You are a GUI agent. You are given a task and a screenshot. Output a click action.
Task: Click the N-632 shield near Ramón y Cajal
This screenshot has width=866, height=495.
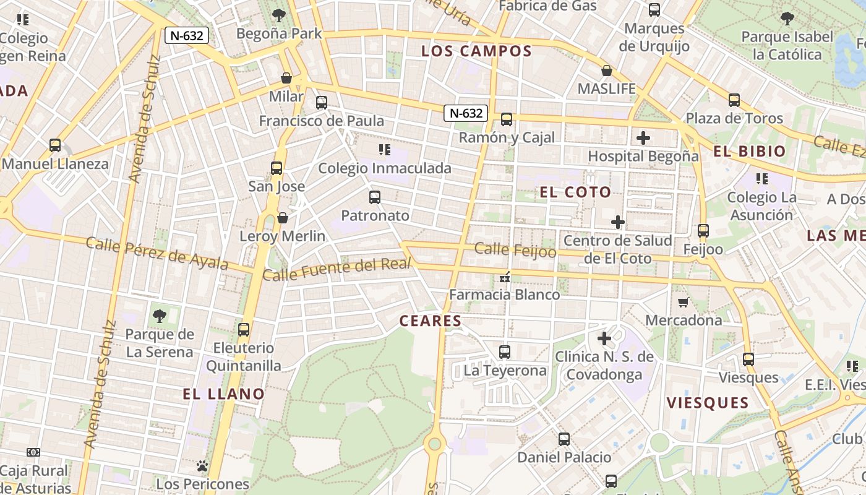pyautogui.click(x=465, y=113)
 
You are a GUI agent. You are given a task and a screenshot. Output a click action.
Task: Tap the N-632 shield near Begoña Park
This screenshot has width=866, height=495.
pyautogui.click(x=186, y=36)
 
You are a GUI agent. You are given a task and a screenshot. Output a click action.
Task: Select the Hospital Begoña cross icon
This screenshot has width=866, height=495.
pyautogui.click(x=643, y=138)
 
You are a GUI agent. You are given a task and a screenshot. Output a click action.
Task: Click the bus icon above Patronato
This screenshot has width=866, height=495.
pyautogui.click(x=375, y=197)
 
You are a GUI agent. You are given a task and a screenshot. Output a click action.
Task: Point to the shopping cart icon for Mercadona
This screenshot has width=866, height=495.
pyautogui.click(x=683, y=302)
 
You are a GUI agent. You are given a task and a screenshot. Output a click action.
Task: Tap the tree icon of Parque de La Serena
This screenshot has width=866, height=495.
pyautogui.click(x=160, y=316)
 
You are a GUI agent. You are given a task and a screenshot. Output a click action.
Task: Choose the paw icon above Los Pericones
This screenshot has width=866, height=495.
pyautogui.click(x=202, y=466)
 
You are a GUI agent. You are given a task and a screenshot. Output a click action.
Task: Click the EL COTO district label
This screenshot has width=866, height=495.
pyautogui.click(x=575, y=192)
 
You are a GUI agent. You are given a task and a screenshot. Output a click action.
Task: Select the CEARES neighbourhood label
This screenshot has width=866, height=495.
pyautogui.click(x=431, y=321)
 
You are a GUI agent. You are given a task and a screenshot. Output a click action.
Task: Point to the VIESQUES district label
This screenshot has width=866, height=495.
pyautogui.click(x=708, y=403)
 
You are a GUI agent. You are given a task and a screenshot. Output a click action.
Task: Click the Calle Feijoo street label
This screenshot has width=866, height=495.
pyautogui.click(x=515, y=250)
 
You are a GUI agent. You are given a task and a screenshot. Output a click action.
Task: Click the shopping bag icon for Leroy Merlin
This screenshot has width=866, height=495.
pyautogui.click(x=283, y=218)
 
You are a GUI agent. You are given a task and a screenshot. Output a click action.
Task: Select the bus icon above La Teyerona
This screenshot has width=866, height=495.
pyautogui.click(x=505, y=352)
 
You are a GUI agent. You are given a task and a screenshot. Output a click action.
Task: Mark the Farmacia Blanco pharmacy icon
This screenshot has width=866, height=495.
pyautogui.click(x=505, y=277)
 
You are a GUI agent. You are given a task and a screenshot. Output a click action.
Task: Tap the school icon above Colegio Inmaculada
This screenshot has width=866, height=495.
pyautogui.click(x=384, y=150)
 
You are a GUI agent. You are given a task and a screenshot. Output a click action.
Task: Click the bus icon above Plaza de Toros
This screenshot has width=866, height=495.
pyautogui.click(x=734, y=100)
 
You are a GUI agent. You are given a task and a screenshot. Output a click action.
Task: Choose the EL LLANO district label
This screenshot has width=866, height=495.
pyautogui.click(x=224, y=394)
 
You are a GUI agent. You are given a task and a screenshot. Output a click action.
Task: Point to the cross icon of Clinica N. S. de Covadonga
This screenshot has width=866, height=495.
pyautogui.click(x=604, y=338)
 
